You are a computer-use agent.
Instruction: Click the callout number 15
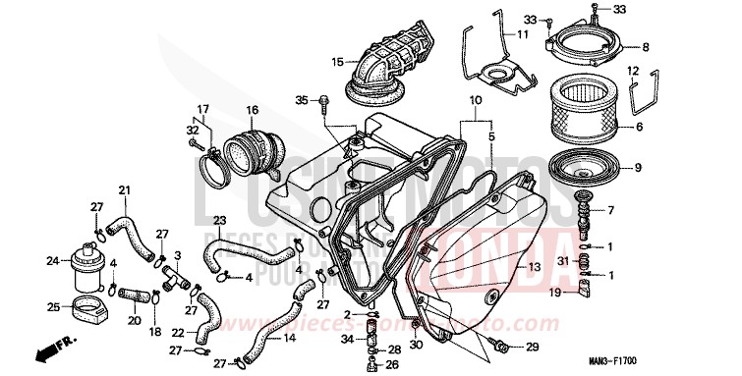(x=337, y=63)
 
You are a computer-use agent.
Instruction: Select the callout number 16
(x=253, y=110)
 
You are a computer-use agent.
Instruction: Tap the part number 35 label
(x=302, y=99)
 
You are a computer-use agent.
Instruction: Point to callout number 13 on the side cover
(x=534, y=267)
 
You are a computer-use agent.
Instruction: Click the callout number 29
(x=532, y=348)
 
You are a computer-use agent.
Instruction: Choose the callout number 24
(x=52, y=261)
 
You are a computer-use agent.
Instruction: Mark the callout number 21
(x=124, y=189)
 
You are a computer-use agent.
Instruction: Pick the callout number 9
(x=664, y=168)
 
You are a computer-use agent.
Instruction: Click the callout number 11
(x=523, y=34)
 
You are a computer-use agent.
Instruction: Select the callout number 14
(x=289, y=339)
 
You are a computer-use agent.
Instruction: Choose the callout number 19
(x=554, y=292)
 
